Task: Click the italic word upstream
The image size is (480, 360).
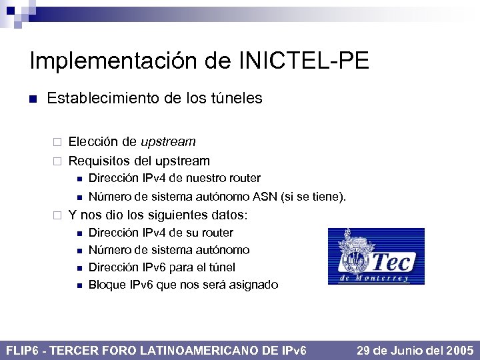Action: [x=168, y=141]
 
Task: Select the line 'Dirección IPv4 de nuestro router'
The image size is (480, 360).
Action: [x=175, y=178]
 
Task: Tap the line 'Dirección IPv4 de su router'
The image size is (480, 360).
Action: [x=161, y=233]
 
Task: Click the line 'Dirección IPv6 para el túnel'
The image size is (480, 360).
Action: [x=162, y=267]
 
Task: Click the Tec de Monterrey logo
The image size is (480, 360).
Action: [x=376, y=257]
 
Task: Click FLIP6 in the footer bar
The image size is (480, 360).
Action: [x=24, y=350]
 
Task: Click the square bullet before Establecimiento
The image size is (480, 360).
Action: [x=32, y=99]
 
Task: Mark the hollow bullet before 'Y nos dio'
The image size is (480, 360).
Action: [x=57, y=216]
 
